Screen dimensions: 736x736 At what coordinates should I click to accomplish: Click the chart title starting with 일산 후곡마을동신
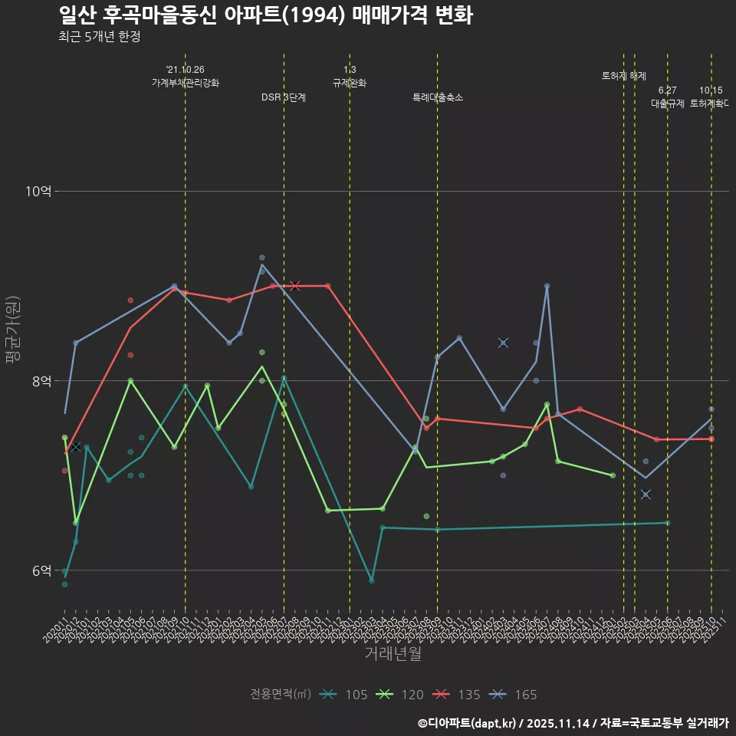[x=265, y=15]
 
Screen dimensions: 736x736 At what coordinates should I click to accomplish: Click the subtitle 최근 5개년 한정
[x=99, y=36]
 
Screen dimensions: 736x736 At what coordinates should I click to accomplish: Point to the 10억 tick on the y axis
[x=39, y=191]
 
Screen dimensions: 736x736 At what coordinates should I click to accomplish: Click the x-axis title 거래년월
[x=393, y=654]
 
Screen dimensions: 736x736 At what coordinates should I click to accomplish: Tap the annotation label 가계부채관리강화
[x=186, y=83]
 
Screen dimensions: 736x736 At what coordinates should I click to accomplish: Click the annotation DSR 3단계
[x=284, y=97]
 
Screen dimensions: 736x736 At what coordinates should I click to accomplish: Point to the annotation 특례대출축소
[x=438, y=97]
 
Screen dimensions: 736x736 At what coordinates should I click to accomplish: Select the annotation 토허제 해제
[x=624, y=76]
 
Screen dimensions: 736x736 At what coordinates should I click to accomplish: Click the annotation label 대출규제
[x=668, y=103]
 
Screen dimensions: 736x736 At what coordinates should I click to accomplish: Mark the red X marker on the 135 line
[x=295, y=286]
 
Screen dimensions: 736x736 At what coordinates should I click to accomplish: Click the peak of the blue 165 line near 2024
[x=547, y=286]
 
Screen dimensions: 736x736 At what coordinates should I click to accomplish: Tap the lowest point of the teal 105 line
[x=372, y=580]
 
